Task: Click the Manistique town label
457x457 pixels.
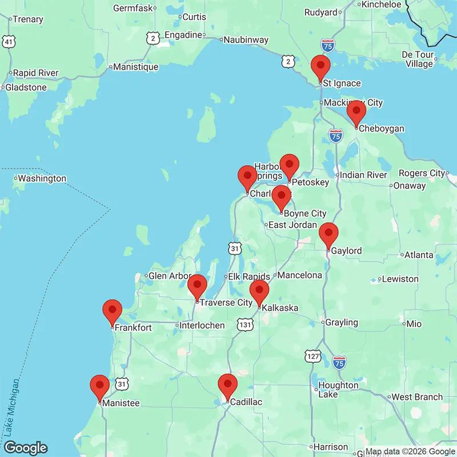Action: (135, 67)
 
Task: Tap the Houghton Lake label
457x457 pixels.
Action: (338, 390)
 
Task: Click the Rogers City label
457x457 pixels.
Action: (422, 173)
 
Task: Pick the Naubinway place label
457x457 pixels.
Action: (246, 39)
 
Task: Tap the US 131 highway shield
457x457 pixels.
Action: (246, 324)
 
